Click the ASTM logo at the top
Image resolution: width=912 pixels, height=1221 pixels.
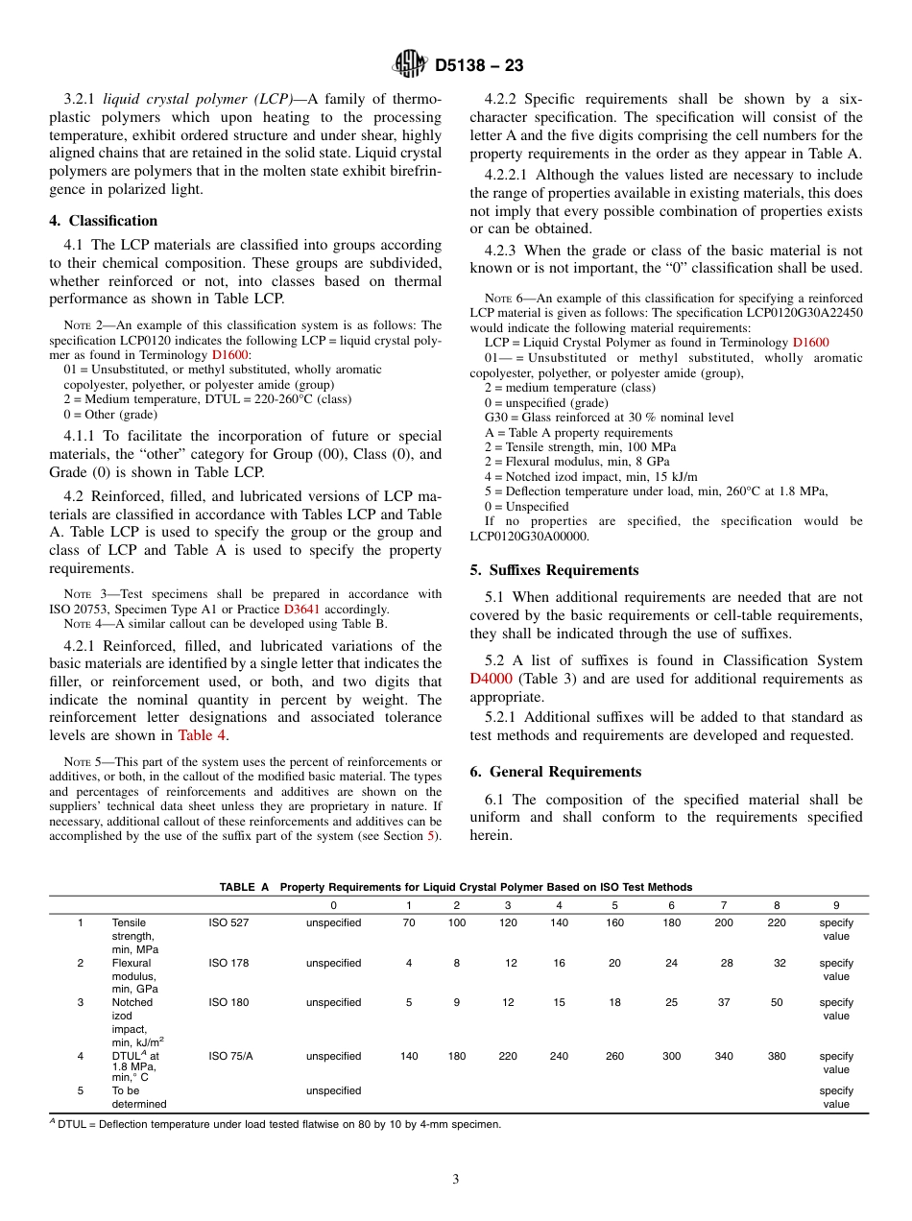(x=410, y=65)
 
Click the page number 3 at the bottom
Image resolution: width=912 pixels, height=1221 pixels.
(x=456, y=1179)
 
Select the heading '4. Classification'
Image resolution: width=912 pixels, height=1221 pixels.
(x=104, y=221)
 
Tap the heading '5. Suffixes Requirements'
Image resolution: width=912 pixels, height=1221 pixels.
(x=554, y=570)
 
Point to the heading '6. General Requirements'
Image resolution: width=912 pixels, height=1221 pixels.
(x=555, y=772)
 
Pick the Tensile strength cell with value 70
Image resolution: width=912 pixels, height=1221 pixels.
(x=408, y=922)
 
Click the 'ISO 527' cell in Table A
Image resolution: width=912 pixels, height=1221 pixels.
(x=228, y=922)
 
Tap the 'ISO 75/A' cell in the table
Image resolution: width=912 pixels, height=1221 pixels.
(x=230, y=1056)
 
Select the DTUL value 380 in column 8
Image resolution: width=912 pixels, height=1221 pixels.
(x=777, y=1056)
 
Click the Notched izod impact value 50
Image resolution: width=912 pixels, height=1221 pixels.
(x=777, y=1002)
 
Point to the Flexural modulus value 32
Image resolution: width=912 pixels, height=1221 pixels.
(x=777, y=963)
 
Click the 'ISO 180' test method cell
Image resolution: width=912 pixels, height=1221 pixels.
(x=228, y=1002)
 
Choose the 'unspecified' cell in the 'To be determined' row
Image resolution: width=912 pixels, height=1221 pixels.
(x=333, y=1090)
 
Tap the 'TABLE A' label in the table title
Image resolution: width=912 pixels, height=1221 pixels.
(x=245, y=887)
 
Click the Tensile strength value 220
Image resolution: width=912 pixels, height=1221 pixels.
(x=777, y=922)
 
